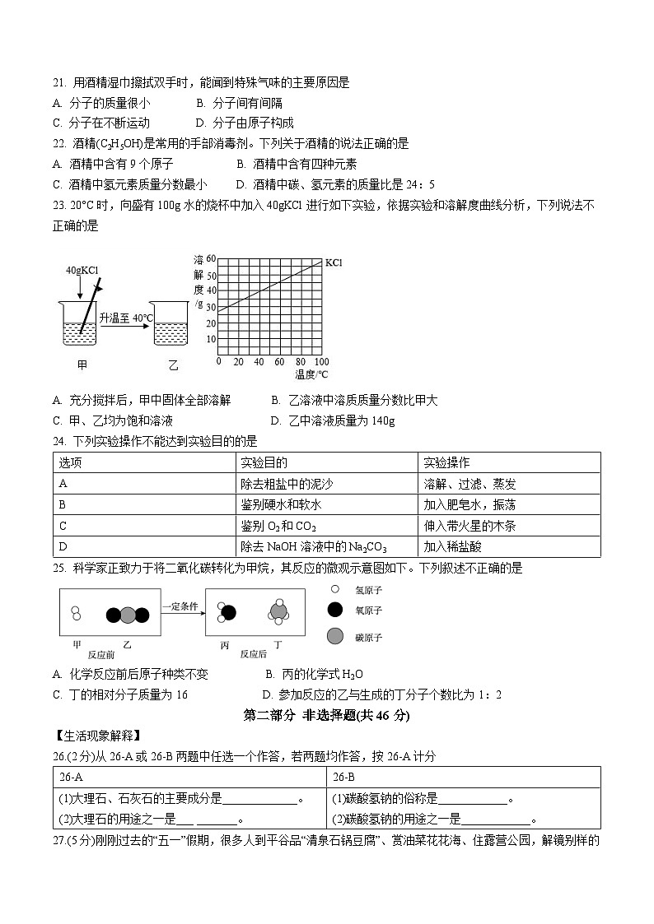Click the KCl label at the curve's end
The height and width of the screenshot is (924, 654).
pos(334,262)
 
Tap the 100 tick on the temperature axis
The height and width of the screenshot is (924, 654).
pos(321,362)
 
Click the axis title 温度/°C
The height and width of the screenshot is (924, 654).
pos(311,375)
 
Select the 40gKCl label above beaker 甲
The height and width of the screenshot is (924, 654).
pos(82,270)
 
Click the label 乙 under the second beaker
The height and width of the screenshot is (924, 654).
pos(173,364)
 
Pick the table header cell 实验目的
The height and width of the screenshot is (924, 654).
pos(264,462)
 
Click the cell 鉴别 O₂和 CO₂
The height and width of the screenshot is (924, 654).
pos(278,526)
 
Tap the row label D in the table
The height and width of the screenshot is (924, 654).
pos(63,546)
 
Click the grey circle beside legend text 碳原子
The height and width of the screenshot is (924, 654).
pos(334,636)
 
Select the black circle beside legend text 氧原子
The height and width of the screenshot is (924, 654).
pos(334,610)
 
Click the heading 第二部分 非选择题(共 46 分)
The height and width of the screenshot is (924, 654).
pos(327,715)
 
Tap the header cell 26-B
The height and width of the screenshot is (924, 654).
pos(343,777)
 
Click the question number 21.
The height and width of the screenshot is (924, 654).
pos(58,82)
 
